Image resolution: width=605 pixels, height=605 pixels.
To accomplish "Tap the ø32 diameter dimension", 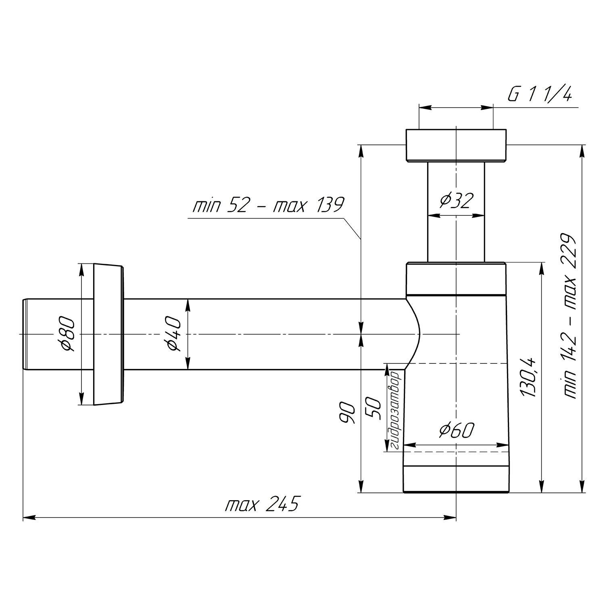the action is [x=456, y=200].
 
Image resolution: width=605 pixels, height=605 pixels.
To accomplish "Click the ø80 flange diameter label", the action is [x=66, y=334].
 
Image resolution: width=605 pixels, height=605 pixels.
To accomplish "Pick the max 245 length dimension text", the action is [x=262, y=504].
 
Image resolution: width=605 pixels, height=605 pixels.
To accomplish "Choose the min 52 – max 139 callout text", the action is [x=268, y=205].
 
